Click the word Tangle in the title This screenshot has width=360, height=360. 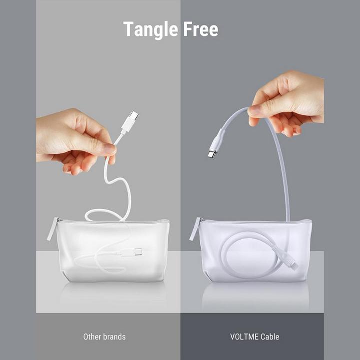(x=151, y=29)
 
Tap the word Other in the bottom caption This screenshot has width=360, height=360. (x=92, y=337)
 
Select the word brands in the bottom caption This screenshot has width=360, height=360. (x=114, y=337)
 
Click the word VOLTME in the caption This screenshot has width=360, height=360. (x=244, y=337)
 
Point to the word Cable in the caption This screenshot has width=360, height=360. (x=270, y=337)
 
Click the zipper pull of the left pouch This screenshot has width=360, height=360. (x=52, y=229)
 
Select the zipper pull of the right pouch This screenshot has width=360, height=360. (x=195, y=229)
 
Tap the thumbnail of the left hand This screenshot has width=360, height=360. (x=110, y=149)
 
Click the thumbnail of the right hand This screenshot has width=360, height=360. (x=254, y=110)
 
